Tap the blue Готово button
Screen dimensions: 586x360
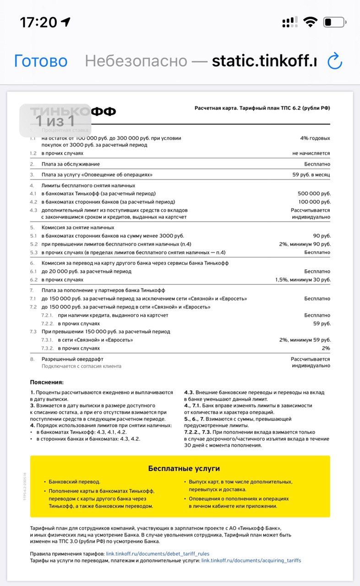(41, 61)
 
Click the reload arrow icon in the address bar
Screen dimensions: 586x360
(335, 61)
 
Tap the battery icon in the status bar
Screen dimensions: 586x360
(334, 22)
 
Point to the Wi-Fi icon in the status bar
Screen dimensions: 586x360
(311, 22)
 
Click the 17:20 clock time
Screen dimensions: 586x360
(38, 22)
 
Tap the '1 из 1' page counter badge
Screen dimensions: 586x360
(55, 121)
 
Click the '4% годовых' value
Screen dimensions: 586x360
(315, 138)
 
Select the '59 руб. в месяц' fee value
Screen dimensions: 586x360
(311, 175)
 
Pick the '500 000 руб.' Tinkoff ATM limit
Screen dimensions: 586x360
(314, 194)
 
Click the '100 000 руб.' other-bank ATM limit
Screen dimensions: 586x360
(314, 202)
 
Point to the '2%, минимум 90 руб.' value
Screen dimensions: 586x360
(305, 244)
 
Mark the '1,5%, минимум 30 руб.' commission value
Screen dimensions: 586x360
(303, 280)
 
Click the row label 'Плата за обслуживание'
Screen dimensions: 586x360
(71, 164)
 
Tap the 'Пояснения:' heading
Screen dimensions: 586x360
(47, 382)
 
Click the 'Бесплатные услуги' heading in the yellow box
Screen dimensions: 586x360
(184, 468)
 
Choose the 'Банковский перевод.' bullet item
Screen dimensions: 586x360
(74, 482)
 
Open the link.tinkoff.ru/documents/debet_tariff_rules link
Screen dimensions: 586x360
(158, 553)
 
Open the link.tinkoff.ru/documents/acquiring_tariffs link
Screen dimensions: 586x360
(251, 560)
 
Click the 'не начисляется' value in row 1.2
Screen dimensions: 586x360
(311, 153)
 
